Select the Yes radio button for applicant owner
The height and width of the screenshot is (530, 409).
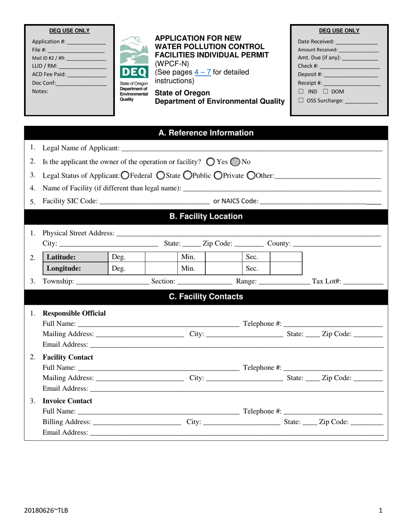211,162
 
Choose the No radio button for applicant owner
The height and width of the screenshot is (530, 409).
235,162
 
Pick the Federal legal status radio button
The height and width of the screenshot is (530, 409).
125,175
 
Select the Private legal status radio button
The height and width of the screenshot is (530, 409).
218,175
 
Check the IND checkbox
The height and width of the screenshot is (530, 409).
301,92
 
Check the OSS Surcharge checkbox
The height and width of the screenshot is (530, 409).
301,101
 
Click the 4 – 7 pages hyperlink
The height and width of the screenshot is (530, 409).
201,72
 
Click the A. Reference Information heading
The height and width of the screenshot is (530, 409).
206,133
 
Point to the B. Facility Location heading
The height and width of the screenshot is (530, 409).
206,216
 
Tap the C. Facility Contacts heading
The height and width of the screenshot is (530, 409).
206,296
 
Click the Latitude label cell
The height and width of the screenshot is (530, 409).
74,257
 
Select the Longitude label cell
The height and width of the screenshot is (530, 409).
74,269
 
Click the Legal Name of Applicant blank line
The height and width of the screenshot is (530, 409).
251,149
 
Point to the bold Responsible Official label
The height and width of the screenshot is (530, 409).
74,313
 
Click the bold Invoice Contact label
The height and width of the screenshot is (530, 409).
67,401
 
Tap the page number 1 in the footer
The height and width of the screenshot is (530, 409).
381,511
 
